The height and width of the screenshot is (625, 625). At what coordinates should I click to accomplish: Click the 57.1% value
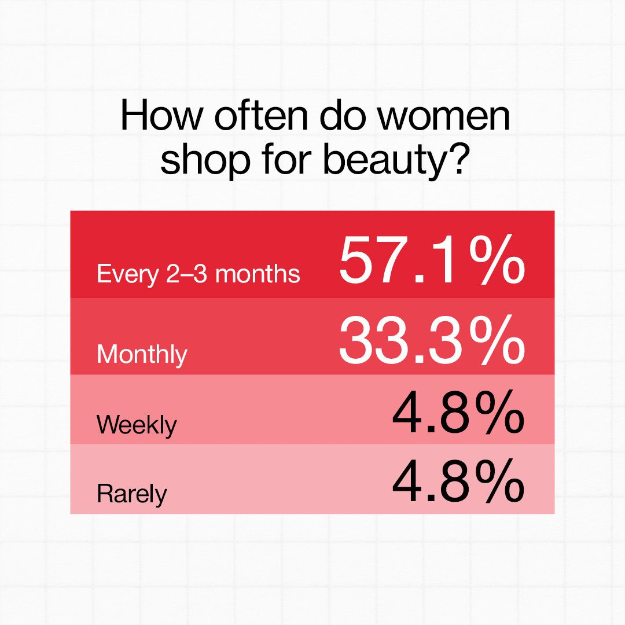tap(431, 262)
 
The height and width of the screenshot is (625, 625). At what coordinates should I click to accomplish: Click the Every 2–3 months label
tap(198, 274)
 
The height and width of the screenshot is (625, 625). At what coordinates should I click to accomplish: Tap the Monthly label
tap(142, 354)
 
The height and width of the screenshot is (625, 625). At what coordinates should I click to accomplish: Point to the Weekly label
tap(137, 425)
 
